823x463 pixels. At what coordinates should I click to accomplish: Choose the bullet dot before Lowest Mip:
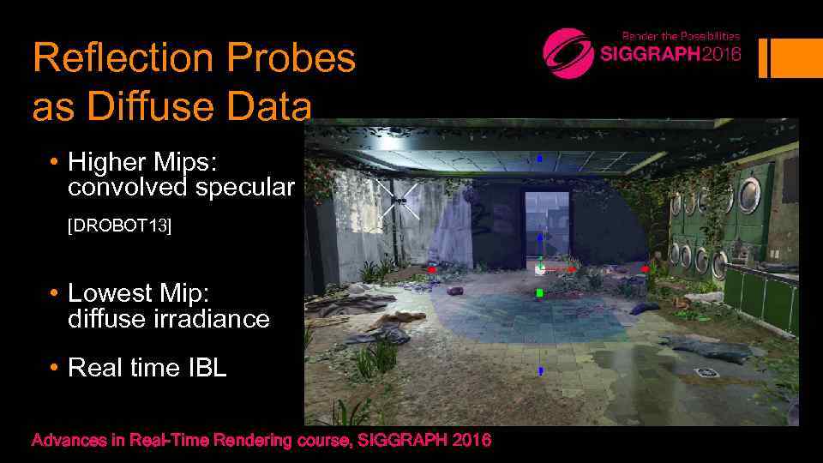click(x=53, y=293)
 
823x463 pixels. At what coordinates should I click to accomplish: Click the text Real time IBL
click(x=147, y=368)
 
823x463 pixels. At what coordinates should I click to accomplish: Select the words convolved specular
click(x=181, y=187)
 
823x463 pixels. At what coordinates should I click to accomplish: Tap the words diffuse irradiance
click(x=168, y=320)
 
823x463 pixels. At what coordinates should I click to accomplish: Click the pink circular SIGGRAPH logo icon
click(x=568, y=53)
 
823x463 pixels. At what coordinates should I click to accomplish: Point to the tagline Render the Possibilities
click(x=681, y=36)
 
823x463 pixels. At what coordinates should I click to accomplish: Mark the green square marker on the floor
click(x=539, y=293)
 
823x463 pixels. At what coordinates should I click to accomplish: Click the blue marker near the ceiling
click(x=539, y=159)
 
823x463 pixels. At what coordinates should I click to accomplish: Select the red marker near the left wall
click(x=432, y=269)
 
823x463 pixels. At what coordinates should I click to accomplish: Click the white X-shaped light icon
click(x=397, y=200)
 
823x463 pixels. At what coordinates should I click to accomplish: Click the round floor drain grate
click(x=708, y=372)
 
